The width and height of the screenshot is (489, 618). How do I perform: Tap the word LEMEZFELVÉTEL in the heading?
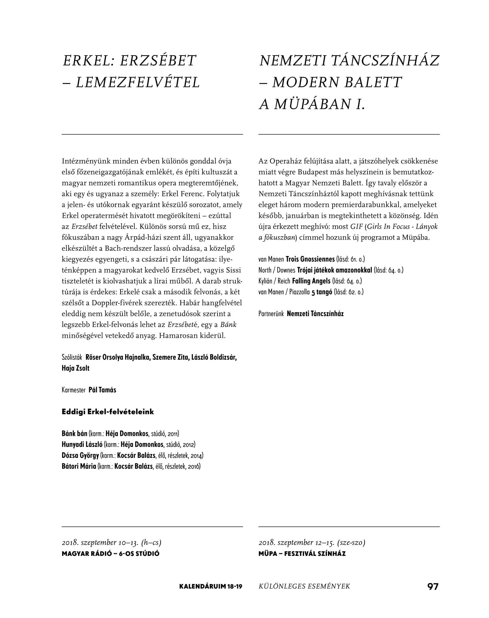pyautogui.click(x=138, y=83)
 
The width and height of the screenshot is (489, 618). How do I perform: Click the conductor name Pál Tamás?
pyautogui.click(x=102, y=390)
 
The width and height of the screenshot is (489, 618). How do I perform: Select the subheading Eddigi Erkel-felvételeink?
pyautogui.click(x=108, y=412)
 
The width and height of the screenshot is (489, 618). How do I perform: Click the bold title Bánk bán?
pyautogui.click(x=74, y=434)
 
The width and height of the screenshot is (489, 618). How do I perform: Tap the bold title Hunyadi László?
pyautogui.click(x=82, y=445)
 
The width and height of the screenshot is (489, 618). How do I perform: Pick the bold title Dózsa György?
pyautogui.click(x=80, y=455)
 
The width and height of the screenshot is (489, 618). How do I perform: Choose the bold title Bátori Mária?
pyautogui.click(x=79, y=466)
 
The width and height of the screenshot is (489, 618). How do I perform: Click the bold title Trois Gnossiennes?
pyautogui.click(x=310, y=259)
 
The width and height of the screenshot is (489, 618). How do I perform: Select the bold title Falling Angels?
pyautogui.click(x=311, y=281)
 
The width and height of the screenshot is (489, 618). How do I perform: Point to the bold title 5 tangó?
pyautogui.click(x=322, y=292)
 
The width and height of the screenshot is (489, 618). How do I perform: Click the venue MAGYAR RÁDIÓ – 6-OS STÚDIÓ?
pyautogui.click(x=110, y=554)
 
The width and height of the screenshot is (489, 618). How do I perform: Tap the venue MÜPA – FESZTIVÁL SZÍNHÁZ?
pyautogui.click(x=302, y=554)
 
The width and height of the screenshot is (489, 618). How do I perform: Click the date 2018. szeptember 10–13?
pyautogui.click(x=100, y=543)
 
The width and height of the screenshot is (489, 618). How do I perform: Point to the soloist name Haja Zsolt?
pyautogui.click(x=75, y=368)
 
